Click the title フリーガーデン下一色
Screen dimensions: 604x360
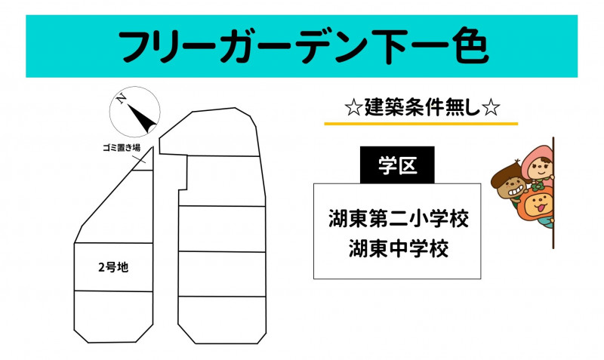pyautogui.click(x=304, y=46)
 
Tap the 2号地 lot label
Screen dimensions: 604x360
pyautogui.click(x=113, y=267)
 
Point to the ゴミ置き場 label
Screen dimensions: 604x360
pyautogui.click(x=122, y=147)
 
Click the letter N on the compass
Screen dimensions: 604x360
pyautogui.click(x=122, y=99)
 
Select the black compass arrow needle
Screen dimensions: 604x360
pyautogui.click(x=142, y=118)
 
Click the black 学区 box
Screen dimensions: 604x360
pyautogui.click(x=397, y=165)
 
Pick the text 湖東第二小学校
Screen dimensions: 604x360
pyautogui.click(x=399, y=218)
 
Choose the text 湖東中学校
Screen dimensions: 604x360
pyautogui.click(x=399, y=248)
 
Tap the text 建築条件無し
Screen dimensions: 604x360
pyautogui.click(x=422, y=107)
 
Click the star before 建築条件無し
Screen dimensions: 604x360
pyautogui.click(x=353, y=108)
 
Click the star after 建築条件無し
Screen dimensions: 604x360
pyautogui.click(x=491, y=108)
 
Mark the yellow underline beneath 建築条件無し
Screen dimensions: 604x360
pyautogui.click(x=421, y=124)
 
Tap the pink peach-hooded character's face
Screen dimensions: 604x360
pyautogui.click(x=541, y=167)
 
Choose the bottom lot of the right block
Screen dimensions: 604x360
pyautogui.click(x=222, y=319)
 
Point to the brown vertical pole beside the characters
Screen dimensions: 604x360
pyautogui.click(x=553, y=192)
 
